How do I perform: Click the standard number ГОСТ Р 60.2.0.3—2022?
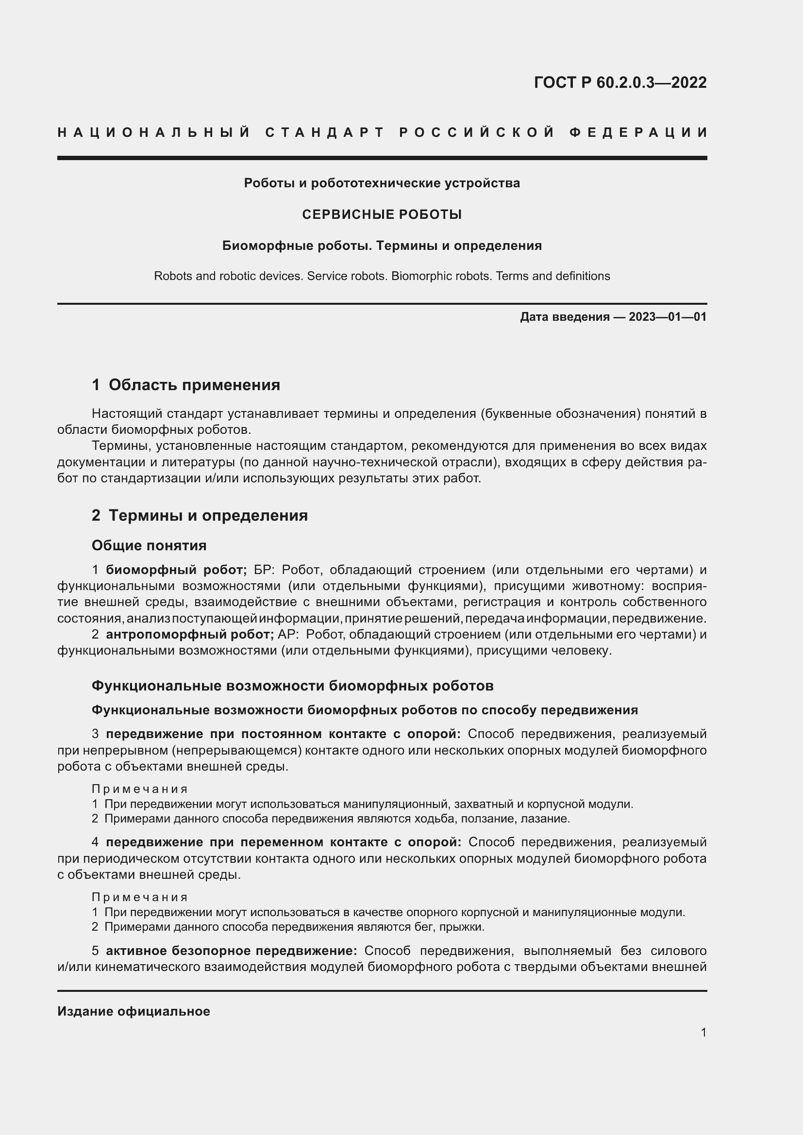click(620, 82)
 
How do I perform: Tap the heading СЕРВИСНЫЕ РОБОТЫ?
click(382, 214)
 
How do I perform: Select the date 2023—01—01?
click(668, 317)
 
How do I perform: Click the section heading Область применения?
click(194, 385)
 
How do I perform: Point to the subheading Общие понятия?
click(149, 545)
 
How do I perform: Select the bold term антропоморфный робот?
click(190, 634)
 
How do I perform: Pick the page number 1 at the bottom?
click(703, 1032)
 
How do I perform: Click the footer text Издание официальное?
click(134, 1011)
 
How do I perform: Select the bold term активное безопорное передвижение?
click(232, 951)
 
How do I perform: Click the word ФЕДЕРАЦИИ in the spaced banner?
click(638, 132)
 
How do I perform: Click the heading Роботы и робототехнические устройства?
click(382, 183)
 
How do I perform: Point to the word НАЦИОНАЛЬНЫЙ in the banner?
click(154, 132)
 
